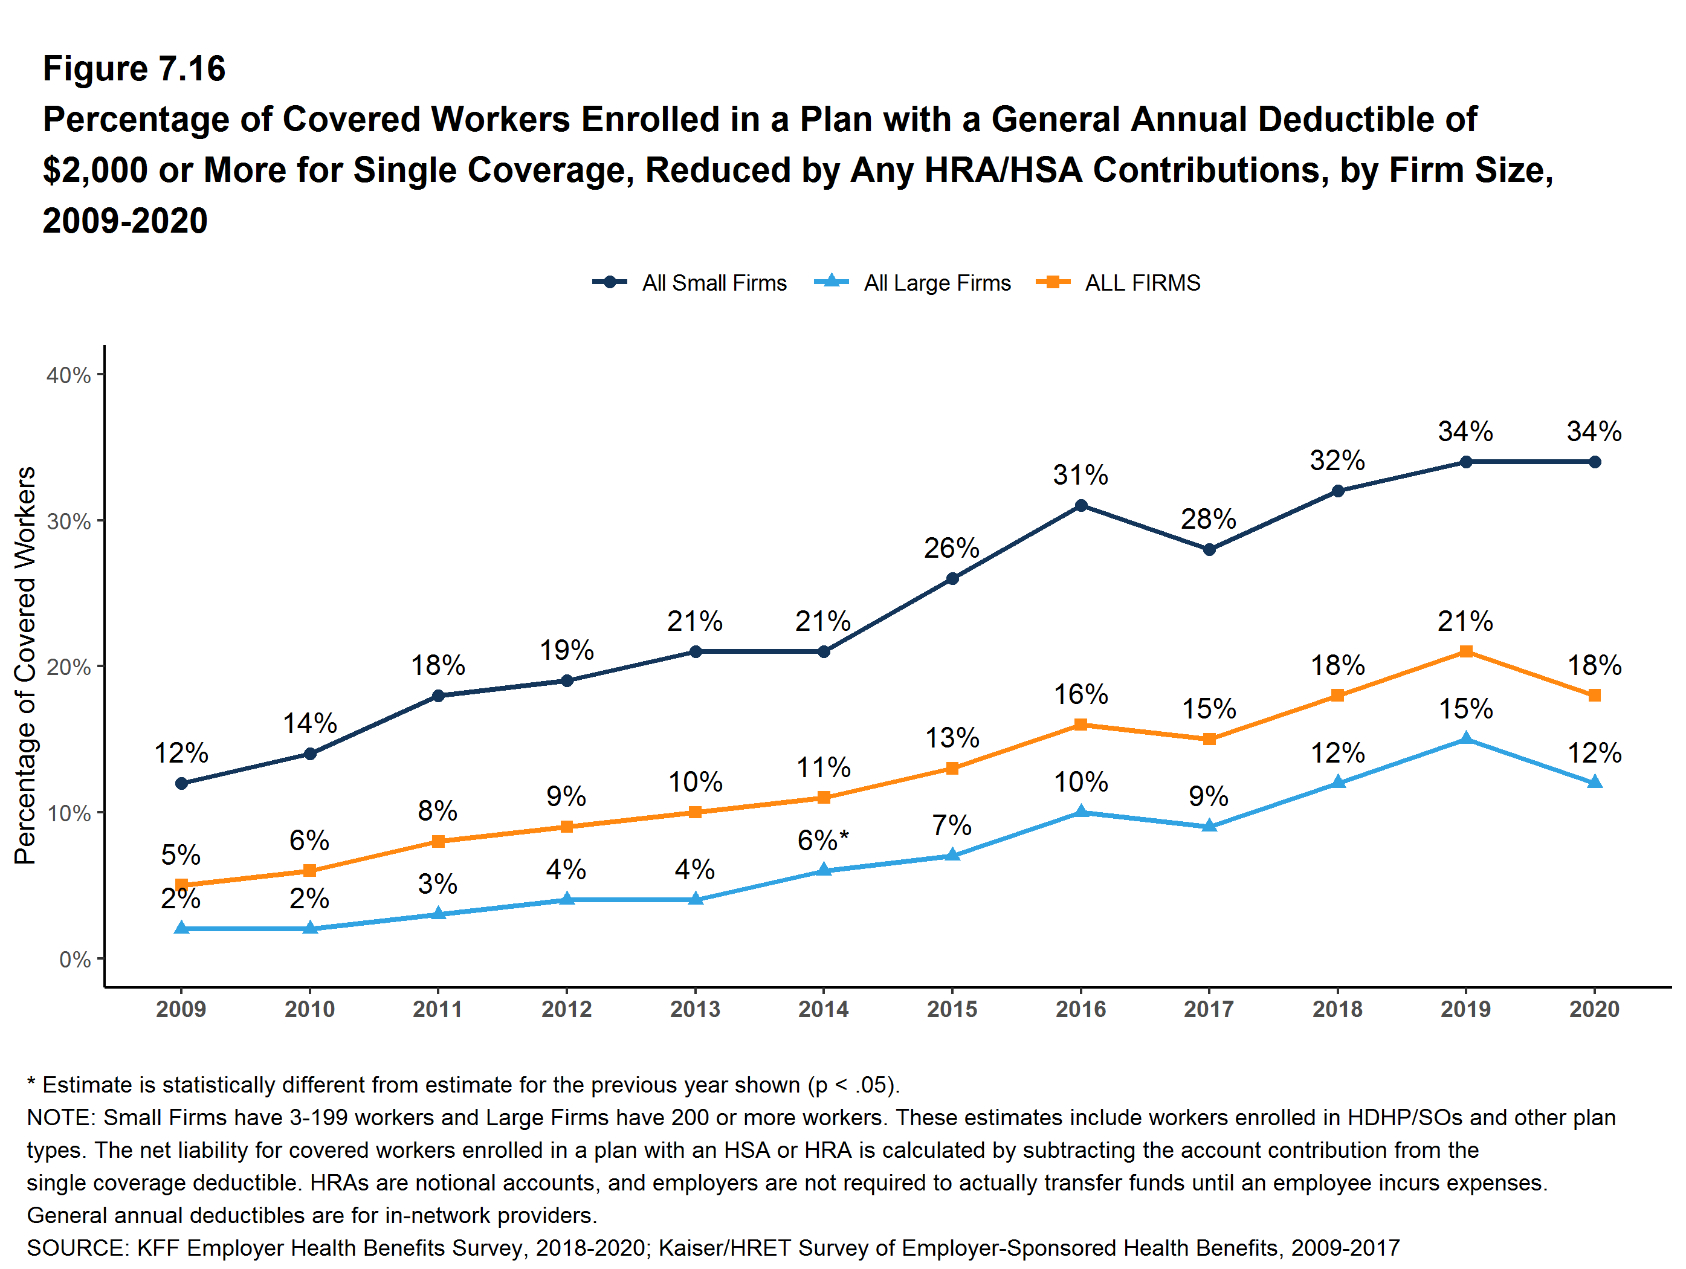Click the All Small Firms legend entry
(x=690, y=283)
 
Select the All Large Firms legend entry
(x=912, y=283)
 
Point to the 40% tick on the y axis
(x=69, y=375)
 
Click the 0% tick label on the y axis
(x=75, y=960)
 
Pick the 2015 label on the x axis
(x=952, y=1009)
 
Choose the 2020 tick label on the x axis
(x=1594, y=1009)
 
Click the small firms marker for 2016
(x=1081, y=505)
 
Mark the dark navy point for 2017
(x=1209, y=549)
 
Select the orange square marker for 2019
(x=1465, y=651)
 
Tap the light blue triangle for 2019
(x=1465, y=738)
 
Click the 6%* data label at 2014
(x=823, y=841)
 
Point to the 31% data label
(x=1081, y=476)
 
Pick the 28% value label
(x=1209, y=520)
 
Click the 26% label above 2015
(x=952, y=548)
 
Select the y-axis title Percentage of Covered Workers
(x=25, y=665)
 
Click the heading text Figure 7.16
(x=134, y=69)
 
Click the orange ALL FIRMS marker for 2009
(x=181, y=885)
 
